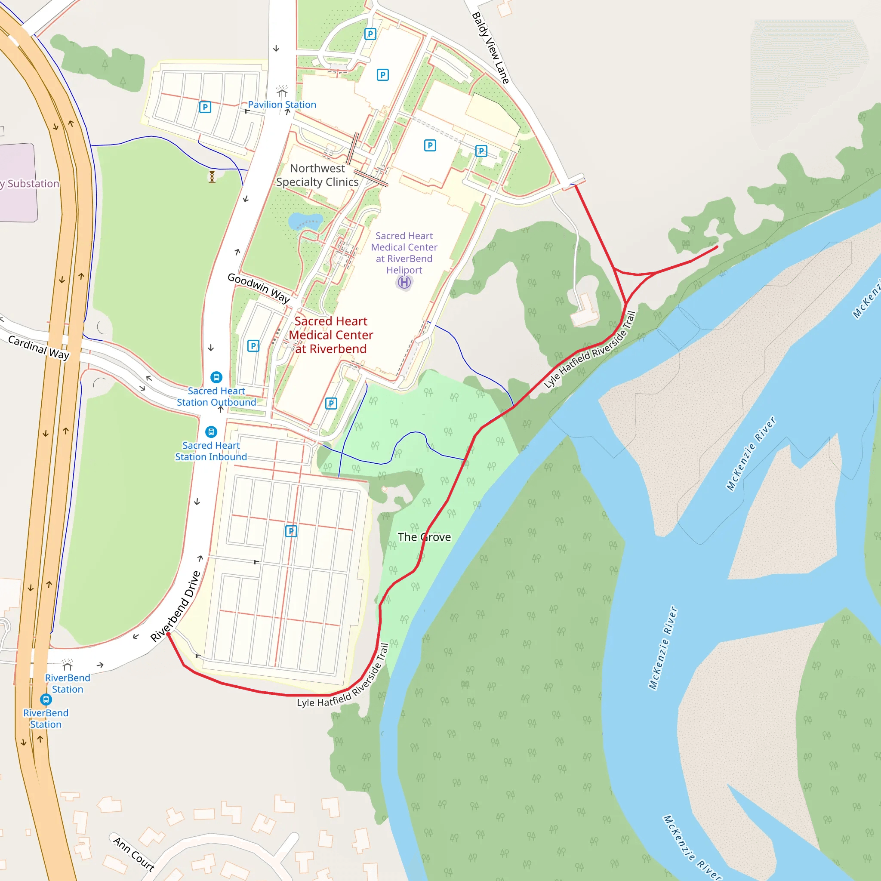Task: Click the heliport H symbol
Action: click(404, 283)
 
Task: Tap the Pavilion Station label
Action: click(282, 105)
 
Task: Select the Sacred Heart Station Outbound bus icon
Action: click(216, 377)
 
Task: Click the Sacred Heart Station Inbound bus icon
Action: click(211, 431)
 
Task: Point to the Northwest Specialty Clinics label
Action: click(317, 175)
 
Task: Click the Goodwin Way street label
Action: click(259, 288)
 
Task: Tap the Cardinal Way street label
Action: click(39, 348)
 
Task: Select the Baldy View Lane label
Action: click(490, 48)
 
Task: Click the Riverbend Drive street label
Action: click(176, 607)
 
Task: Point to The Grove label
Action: click(424, 537)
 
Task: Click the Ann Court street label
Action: click(134, 854)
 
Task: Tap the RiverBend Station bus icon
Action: click(46, 699)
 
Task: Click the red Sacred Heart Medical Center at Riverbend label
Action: click(331, 335)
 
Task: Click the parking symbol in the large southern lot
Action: click(291, 531)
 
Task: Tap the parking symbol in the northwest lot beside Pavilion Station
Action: click(205, 107)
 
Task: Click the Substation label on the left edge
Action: click(30, 184)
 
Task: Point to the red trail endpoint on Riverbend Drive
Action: click(168, 634)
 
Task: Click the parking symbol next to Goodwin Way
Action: click(253, 346)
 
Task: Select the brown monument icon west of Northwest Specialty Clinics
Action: click(212, 177)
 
